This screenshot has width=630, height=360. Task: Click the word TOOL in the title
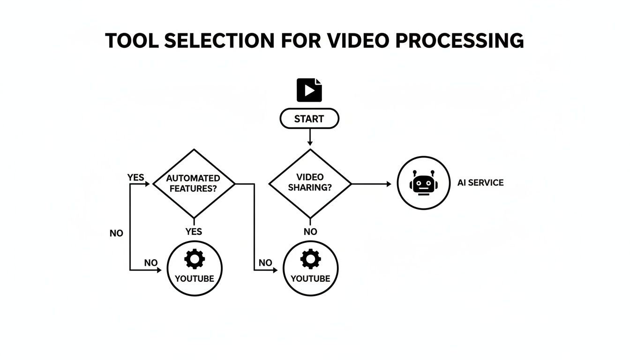(x=132, y=41)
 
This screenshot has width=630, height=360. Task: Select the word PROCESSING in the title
(x=460, y=41)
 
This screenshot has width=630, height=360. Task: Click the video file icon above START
(x=309, y=90)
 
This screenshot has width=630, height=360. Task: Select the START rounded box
(x=309, y=119)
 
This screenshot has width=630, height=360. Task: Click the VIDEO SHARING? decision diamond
(x=310, y=183)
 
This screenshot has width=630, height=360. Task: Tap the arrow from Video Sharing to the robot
(x=370, y=184)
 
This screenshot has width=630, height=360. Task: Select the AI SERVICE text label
(x=480, y=183)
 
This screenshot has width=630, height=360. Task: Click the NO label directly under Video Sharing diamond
(x=310, y=232)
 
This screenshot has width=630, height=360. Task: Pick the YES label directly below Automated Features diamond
(x=194, y=232)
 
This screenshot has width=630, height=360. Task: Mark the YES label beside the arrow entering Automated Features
(x=136, y=178)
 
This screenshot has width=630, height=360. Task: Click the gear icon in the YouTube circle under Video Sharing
(x=310, y=259)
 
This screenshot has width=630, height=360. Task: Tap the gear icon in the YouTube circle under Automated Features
(x=195, y=259)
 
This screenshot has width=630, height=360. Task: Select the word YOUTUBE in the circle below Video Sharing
(x=310, y=279)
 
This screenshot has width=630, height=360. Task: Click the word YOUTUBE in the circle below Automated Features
(x=195, y=278)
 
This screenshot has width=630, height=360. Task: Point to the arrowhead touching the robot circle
(x=389, y=184)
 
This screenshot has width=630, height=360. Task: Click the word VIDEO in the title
(x=358, y=41)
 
